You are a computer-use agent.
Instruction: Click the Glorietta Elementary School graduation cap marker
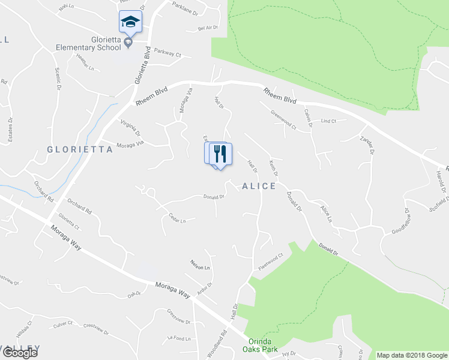pyautogui.click(x=130, y=23)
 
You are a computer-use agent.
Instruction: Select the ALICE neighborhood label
pyautogui.click(x=259, y=186)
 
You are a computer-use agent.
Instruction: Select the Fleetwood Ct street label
pyautogui.click(x=271, y=262)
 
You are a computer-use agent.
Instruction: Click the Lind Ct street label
pyautogui.click(x=329, y=121)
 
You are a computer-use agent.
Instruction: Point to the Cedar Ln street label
pyautogui.click(x=178, y=218)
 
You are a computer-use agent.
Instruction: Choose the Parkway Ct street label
pyautogui.click(x=167, y=53)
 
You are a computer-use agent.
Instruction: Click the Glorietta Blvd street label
pyautogui.click(x=141, y=65)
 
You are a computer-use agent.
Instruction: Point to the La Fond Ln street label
pyautogui.click(x=179, y=338)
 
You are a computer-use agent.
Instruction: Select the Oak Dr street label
pyautogui.click(x=133, y=294)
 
